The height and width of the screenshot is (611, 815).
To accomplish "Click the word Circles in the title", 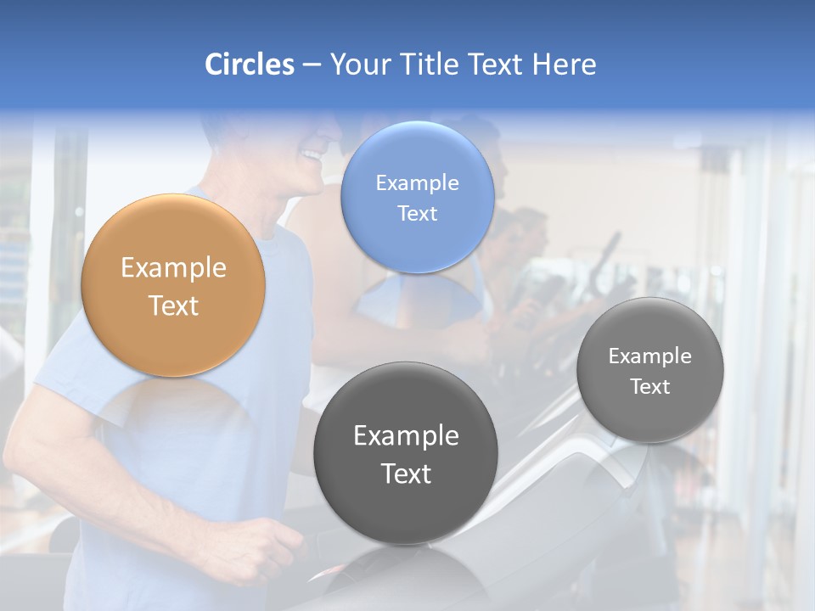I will (x=249, y=64).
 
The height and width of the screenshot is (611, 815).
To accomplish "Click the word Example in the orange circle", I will (x=173, y=268).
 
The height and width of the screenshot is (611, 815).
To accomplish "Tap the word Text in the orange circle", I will (x=173, y=305).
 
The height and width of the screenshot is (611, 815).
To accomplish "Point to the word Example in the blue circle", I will (x=417, y=182).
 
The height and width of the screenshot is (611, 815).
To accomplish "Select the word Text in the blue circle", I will (x=417, y=213).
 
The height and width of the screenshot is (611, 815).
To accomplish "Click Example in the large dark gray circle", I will (x=406, y=436).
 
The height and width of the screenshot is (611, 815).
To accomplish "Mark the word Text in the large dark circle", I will (x=406, y=474).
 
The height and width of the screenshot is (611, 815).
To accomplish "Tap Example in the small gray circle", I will (x=650, y=356).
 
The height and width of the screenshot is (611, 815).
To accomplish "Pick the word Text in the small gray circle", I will (x=650, y=387).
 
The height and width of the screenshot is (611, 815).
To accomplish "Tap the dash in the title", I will (x=312, y=65).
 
